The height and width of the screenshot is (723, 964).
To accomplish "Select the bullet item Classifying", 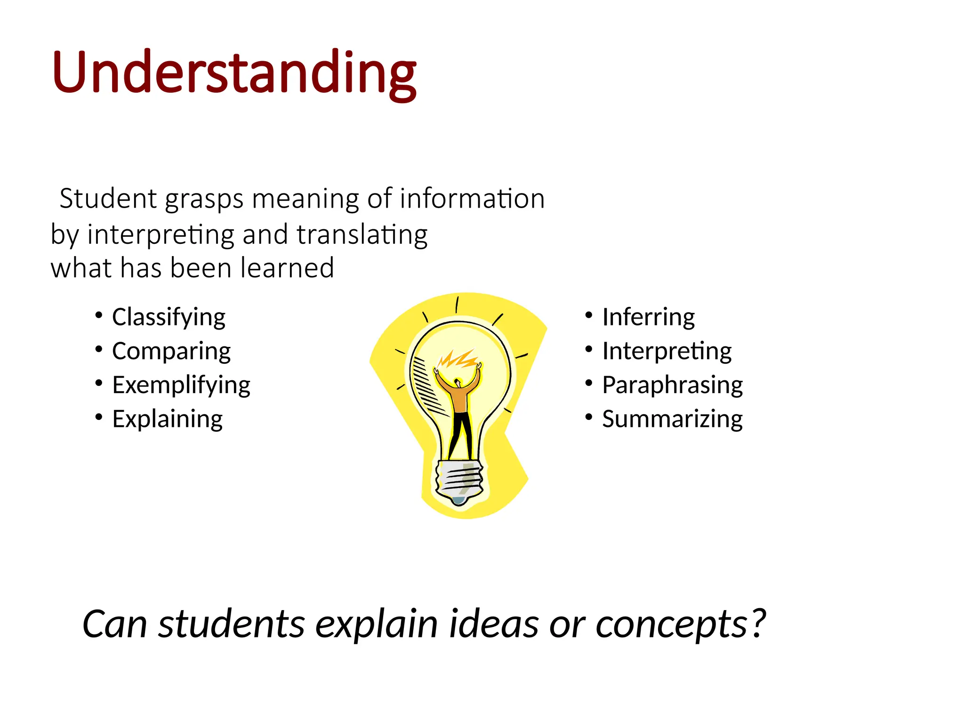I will pos(169,317).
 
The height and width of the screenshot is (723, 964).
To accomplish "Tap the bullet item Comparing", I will pos(171,351).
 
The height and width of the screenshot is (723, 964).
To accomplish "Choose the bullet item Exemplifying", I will pos(181,385).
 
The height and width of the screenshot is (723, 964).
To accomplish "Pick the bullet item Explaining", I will pos(168,419).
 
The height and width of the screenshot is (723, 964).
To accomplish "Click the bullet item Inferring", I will pos(648,317).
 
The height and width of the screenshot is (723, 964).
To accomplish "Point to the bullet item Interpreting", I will pos(667,351).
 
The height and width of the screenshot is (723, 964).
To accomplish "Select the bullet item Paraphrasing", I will pos(673,385).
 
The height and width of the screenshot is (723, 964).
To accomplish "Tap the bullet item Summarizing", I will pos(673,419).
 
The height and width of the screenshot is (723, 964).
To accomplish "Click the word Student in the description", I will pos(108,199).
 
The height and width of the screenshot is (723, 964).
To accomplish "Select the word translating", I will pos(362,234).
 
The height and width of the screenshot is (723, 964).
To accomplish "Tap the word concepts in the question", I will pos(672,624).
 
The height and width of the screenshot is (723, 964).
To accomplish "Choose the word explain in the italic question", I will pos(376,624).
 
